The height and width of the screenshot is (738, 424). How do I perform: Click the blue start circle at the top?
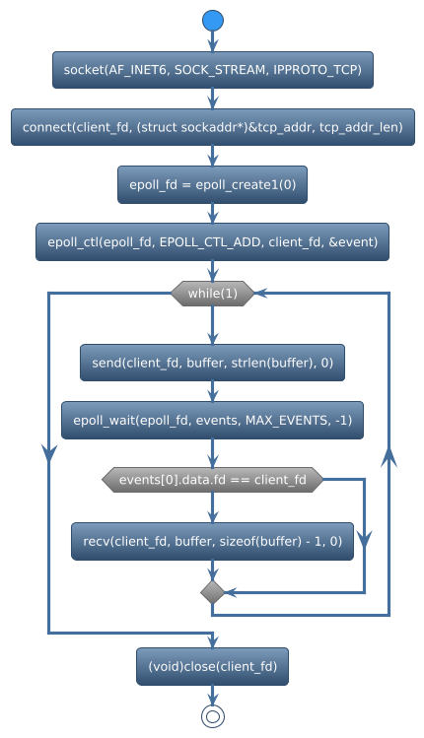click(x=212, y=20)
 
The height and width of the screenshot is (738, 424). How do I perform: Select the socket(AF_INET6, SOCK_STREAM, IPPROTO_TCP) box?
click(x=212, y=70)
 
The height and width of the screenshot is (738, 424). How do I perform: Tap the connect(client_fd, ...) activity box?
click(x=212, y=127)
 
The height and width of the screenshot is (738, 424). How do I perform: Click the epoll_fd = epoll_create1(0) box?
click(x=212, y=184)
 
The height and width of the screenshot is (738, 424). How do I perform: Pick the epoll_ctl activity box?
click(x=212, y=241)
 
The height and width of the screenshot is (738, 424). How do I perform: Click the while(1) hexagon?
click(x=212, y=293)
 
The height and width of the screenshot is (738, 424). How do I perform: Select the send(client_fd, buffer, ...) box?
click(x=212, y=364)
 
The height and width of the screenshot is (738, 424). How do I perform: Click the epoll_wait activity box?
click(x=212, y=421)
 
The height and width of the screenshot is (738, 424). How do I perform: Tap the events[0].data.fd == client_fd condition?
click(x=212, y=480)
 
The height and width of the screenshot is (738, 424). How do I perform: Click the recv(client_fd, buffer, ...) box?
click(x=212, y=541)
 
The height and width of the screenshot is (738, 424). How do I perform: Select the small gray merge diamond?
click(x=212, y=591)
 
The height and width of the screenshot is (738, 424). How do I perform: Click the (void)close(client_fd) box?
click(x=212, y=667)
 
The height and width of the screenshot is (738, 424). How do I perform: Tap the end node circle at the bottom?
click(x=212, y=716)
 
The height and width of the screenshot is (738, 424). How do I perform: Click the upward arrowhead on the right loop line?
click(x=389, y=455)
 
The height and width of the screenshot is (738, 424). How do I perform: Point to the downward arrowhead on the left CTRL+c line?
click(x=48, y=451)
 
